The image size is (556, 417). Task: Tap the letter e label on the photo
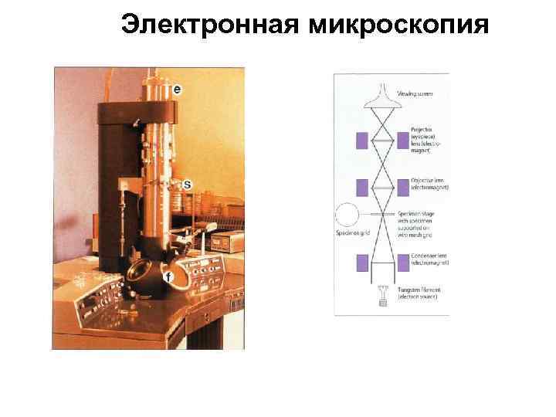click(x=178, y=89)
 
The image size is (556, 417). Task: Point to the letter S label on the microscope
click(x=187, y=185)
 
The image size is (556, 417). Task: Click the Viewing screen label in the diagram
click(x=415, y=94)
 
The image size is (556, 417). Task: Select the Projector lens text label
click(x=416, y=141)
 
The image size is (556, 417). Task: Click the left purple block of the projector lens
click(x=361, y=141)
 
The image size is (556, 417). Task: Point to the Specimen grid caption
click(x=352, y=233)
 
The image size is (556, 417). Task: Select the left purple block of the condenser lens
click(x=361, y=263)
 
